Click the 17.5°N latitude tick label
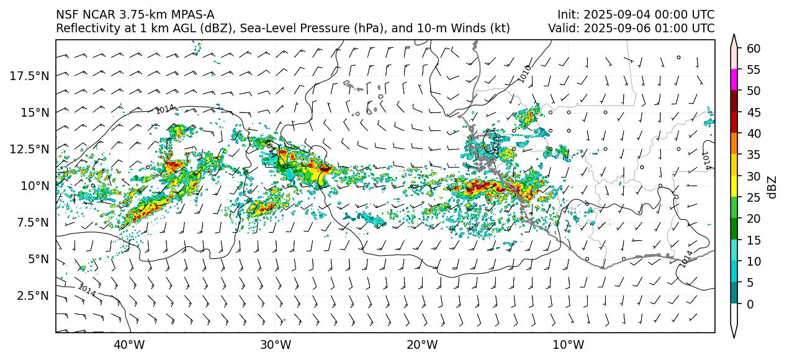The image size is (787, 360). coord(30,76)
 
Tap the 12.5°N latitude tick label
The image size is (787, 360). coord(30,149)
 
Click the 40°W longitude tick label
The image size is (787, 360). coord(129,344)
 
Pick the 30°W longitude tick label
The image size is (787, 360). coord(276,344)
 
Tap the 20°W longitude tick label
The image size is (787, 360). coord(422,344)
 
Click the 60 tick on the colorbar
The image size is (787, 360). coord(754,48)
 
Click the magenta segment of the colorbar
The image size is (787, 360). coord(734,80)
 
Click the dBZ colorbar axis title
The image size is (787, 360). coord(772,187)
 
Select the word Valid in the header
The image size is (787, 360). coord(561,28)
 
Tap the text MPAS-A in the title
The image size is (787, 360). coord(194,15)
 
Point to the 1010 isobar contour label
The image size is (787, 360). coord(526,73)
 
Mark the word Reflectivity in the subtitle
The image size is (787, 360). coord(85,28)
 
